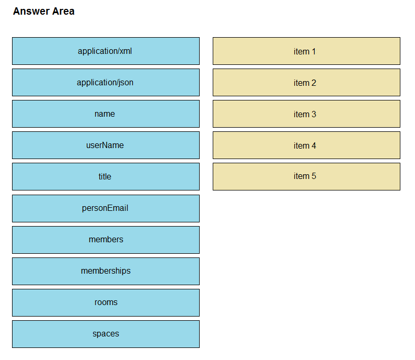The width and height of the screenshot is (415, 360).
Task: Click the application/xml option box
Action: (106, 51)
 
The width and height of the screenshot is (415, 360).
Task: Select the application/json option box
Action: (106, 82)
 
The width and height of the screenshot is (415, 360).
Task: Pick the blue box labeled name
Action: (106, 114)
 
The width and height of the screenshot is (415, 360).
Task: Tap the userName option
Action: (106, 145)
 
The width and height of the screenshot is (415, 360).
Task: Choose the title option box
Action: (106, 176)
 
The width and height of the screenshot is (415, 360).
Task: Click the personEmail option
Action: (106, 208)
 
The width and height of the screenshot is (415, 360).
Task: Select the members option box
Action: (106, 240)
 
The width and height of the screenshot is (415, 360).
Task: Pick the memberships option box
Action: (106, 271)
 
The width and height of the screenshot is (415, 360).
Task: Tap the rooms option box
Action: (106, 302)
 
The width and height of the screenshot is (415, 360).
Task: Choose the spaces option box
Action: (106, 334)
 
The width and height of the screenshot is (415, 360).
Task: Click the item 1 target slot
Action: (306, 51)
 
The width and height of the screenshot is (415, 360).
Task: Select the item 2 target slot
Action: (306, 82)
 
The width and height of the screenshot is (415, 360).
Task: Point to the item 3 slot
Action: (306, 114)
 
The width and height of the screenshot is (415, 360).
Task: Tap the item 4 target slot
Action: (306, 145)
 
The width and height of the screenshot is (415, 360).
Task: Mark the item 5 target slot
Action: (306, 176)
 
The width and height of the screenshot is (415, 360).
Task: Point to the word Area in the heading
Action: (64, 12)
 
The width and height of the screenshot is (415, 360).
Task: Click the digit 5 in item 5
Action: (314, 176)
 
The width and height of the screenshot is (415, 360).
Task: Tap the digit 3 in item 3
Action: (314, 114)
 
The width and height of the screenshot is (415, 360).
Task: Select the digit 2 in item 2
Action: (314, 83)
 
